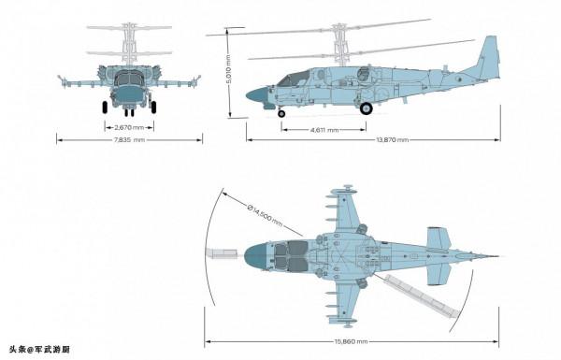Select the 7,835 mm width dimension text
[130, 140]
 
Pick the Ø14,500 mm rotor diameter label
[265, 216]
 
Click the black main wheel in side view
[366, 108]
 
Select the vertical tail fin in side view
[488, 58]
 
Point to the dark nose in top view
[254, 254]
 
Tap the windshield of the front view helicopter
[129, 78]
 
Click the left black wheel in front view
[104, 107]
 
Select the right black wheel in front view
[153, 107]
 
